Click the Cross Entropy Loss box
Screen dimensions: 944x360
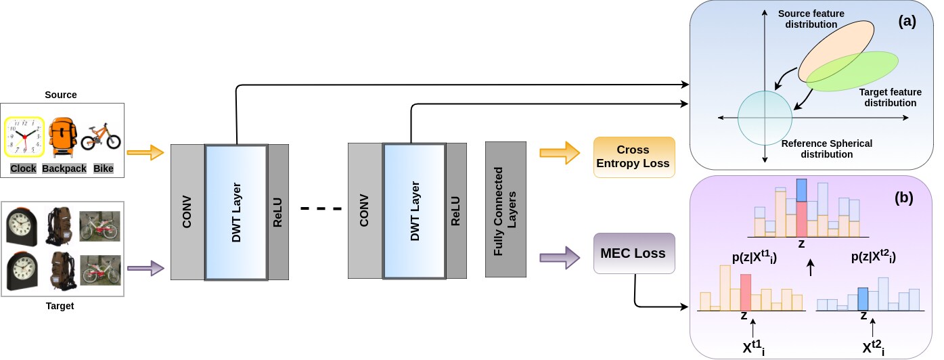pos(634,157)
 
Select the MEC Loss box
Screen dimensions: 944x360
pos(634,253)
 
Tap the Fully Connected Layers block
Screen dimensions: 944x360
pos(505,210)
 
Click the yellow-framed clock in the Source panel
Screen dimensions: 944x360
pos(24,137)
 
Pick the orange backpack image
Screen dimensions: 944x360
pos(63,137)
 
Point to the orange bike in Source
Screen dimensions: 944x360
pos(101,136)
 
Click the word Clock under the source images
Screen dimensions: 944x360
pos(23,168)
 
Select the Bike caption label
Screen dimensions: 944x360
pos(104,168)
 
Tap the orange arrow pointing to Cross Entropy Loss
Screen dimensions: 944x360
pos(560,153)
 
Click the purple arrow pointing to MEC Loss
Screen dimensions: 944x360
pos(560,257)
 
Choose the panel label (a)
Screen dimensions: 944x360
pos(907,21)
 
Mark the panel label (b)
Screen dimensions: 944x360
pos(904,198)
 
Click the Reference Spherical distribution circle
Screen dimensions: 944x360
pos(765,118)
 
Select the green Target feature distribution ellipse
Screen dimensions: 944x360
pos(852,71)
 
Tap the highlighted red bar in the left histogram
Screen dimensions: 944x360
pos(746,292)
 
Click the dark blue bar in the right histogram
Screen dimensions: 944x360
pos(863,299)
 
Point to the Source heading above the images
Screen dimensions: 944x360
pos(61,95)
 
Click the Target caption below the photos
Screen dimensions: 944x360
pos(60,306)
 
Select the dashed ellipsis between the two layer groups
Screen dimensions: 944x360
pos(321,208)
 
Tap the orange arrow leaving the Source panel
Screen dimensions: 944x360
pos(145,152)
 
